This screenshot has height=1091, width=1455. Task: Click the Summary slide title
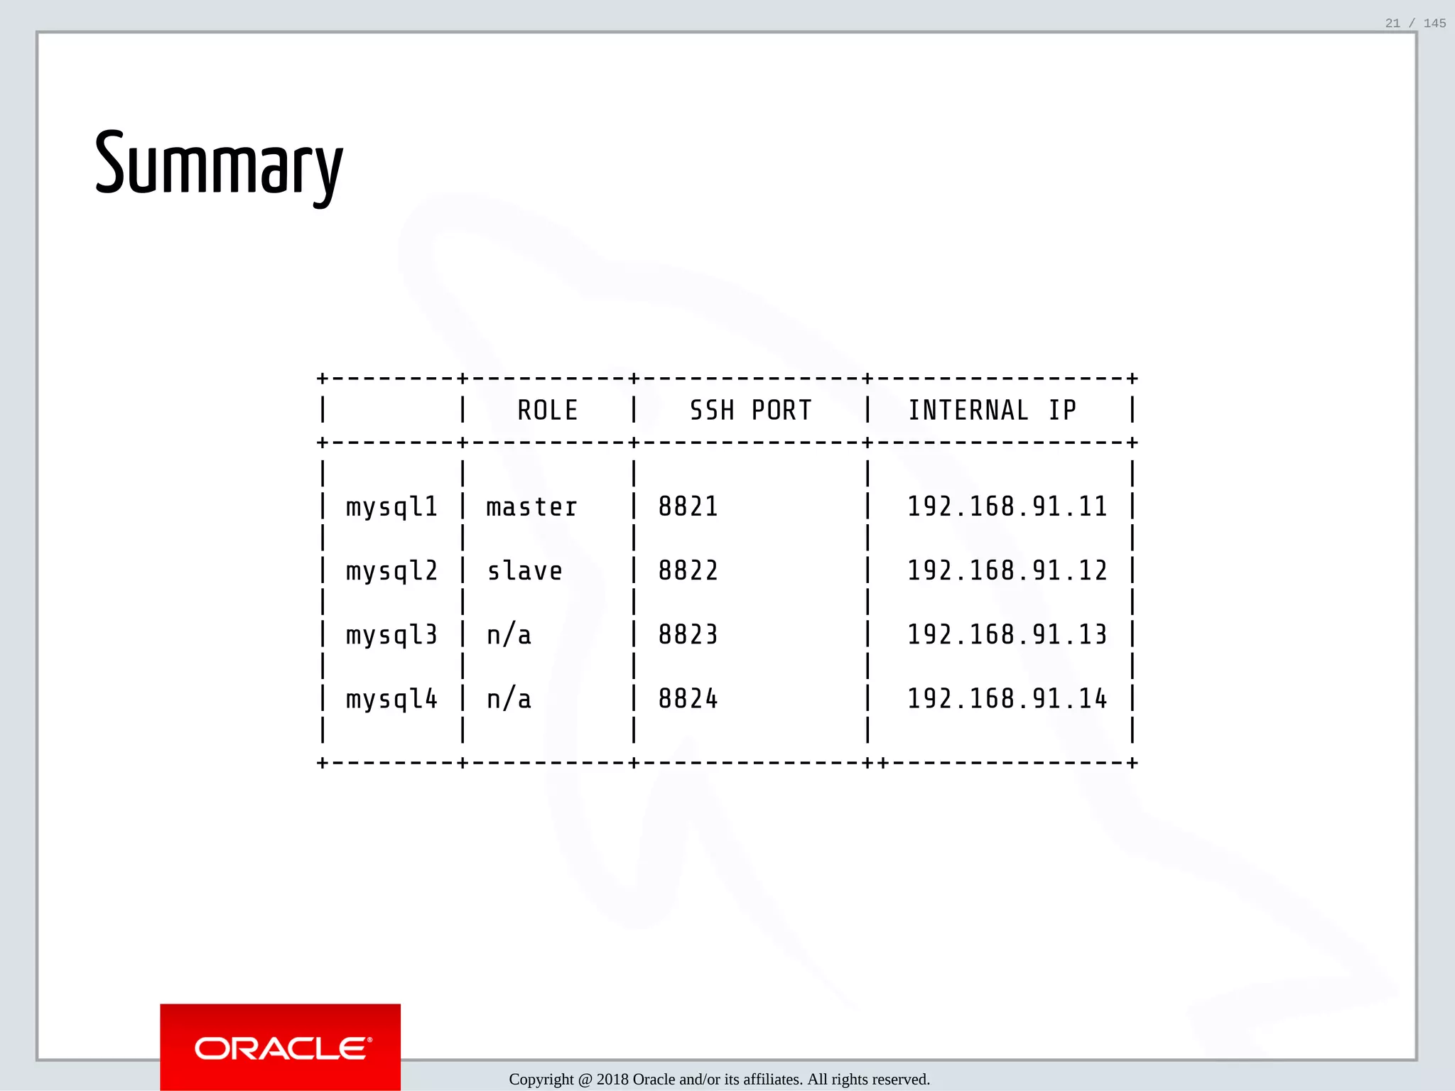coord(219,165)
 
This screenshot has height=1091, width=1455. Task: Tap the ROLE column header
coord(547,411)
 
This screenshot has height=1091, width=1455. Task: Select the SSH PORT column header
coord(750,411)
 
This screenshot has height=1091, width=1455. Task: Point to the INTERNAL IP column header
coord(992,411)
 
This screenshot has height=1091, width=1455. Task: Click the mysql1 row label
coord(391,507)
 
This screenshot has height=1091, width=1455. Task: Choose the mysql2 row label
coord(391,571)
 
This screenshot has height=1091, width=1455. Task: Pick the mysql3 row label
coord(391,635)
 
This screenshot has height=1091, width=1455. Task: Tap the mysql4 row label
coord(391,700)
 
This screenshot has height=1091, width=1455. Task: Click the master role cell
coord(531,507)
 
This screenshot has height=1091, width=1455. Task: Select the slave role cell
coord(524,571)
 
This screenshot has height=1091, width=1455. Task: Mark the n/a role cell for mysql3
coord(509,635)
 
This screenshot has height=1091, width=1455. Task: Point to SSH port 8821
coord(688,507)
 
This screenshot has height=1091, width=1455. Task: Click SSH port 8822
coord(688,571)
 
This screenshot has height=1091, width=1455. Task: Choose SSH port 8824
coord(688,700)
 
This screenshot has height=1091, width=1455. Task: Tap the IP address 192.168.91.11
coord(1007,507)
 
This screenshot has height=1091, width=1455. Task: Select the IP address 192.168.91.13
coord(1007,635)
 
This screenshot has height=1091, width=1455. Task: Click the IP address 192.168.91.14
coord(1007,700)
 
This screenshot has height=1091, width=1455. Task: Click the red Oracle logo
coord(281,1047)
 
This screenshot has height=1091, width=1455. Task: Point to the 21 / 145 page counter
coord(1415,23)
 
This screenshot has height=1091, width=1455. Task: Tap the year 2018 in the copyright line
coord(612,1080)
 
